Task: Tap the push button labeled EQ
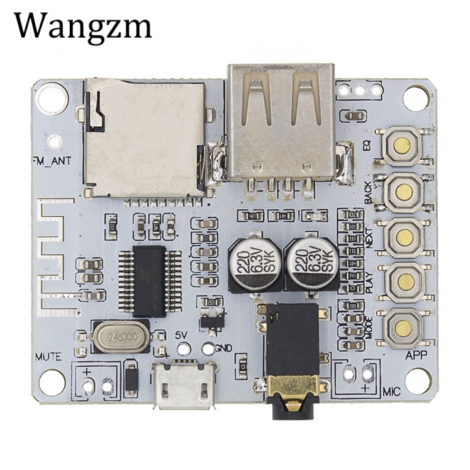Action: (402, 146)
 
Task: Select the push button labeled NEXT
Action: (404, 237)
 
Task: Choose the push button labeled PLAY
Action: (404, 282)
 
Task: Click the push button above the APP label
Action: (403, 328)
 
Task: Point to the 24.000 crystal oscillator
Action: (122, 337)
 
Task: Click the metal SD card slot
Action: (144, 138)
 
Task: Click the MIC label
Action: (392, 391)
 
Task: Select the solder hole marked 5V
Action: (184, 348)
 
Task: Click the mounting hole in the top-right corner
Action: (416, 97)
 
